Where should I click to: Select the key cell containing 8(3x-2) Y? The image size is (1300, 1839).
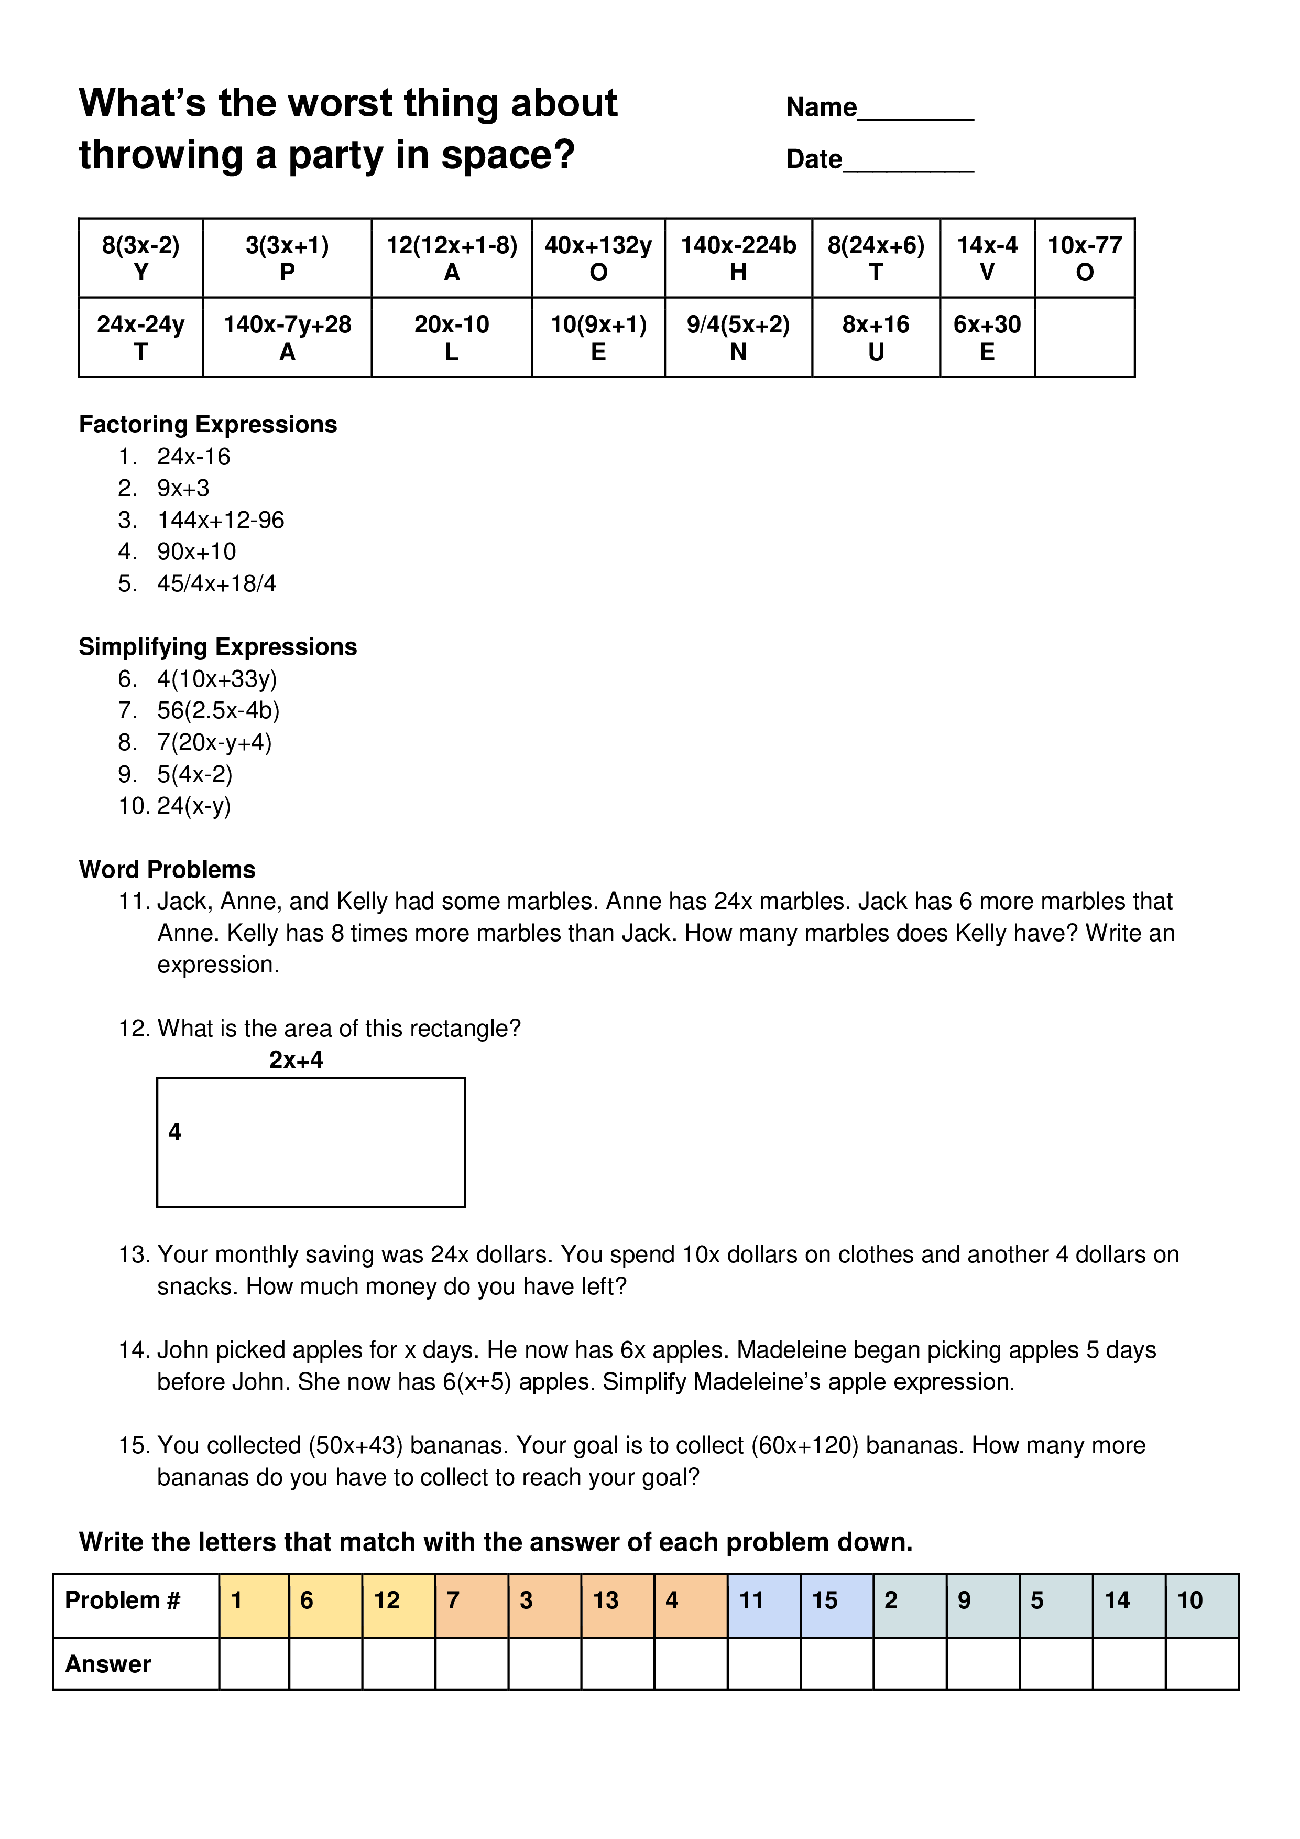141,258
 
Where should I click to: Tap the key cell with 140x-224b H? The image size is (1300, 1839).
738,258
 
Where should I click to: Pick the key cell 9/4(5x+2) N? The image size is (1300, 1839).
738,337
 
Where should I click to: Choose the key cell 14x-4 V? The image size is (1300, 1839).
987,258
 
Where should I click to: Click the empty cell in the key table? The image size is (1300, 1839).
1085,337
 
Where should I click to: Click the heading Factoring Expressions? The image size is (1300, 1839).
208,425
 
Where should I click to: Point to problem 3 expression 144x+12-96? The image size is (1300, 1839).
221,521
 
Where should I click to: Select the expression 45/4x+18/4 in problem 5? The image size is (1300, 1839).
217,584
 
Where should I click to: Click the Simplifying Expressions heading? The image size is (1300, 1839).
218,647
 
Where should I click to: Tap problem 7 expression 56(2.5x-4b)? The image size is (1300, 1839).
219,710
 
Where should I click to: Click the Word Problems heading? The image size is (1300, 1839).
167,870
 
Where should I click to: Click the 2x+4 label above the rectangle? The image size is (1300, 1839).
296,1061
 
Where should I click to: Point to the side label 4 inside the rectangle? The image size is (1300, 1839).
174,1132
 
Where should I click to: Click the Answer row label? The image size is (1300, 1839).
109,1664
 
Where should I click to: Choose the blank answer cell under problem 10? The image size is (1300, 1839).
1201,1664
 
